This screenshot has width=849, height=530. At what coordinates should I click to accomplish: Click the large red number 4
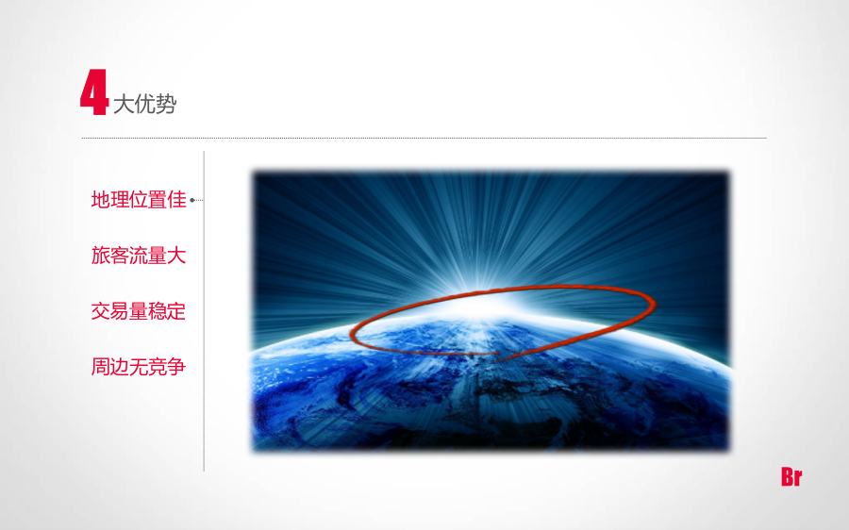point(94,92)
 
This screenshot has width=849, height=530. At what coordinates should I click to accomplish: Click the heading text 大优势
point(145,104)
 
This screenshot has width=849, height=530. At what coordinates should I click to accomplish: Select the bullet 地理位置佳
point(139,200)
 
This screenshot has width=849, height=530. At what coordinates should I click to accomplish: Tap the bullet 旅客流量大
point(139,256)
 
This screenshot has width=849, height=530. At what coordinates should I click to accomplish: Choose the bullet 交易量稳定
point(139,311)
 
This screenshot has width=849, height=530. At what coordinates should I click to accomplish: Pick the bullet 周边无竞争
point(139,367)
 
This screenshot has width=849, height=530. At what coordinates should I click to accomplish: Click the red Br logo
point(791,477)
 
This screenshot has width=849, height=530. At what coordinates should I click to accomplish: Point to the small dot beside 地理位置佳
point(192,200)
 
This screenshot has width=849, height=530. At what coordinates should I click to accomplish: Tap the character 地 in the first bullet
point(101,200)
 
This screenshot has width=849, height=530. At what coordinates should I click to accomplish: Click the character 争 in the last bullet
point(177,367)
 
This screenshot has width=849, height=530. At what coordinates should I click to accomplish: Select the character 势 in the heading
point(166,104)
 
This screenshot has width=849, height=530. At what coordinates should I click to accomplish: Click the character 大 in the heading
point(124,104)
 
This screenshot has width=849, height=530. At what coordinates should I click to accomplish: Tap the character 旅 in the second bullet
point(101,256)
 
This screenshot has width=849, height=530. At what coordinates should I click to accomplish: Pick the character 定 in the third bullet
point(177,311)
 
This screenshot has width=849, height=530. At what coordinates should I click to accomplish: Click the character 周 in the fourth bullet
point(101,367)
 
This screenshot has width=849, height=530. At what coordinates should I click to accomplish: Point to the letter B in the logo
point(788,477)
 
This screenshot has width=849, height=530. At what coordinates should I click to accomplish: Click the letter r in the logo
point(799,479)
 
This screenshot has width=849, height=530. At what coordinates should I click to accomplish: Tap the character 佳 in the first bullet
point(177,200)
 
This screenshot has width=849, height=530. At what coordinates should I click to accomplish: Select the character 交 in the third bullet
point(101,311)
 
